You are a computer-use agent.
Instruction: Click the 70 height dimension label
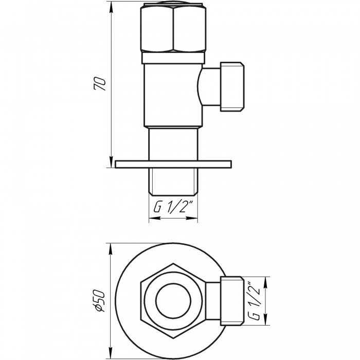click(x=100, y=84)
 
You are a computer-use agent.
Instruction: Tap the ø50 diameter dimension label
click(x=99, y=301)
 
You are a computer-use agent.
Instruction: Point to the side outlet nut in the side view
click(x=232, y=86)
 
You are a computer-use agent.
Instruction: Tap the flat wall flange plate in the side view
click(x=173, y=165)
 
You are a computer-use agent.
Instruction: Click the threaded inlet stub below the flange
click(x=173, y=182)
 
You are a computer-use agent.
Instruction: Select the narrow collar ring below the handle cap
click(x=173, y=58)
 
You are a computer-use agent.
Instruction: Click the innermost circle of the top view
click(x=173, y=301)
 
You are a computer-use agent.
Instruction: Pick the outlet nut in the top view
click(x=232, y=301)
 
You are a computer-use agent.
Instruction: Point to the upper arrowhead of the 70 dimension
click(x=112, y=7)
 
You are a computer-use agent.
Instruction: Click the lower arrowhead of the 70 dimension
click(x=112, y=162)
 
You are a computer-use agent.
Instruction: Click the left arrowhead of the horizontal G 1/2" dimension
click(x=155, y=218)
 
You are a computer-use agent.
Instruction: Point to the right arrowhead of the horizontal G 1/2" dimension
click(x=192, y=218)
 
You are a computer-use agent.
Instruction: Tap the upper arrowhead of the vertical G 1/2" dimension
click(x=266, y=283)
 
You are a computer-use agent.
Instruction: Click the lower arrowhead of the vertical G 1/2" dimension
click(x=266, y=319)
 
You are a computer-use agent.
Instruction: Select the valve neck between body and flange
click(x=173, y=144)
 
